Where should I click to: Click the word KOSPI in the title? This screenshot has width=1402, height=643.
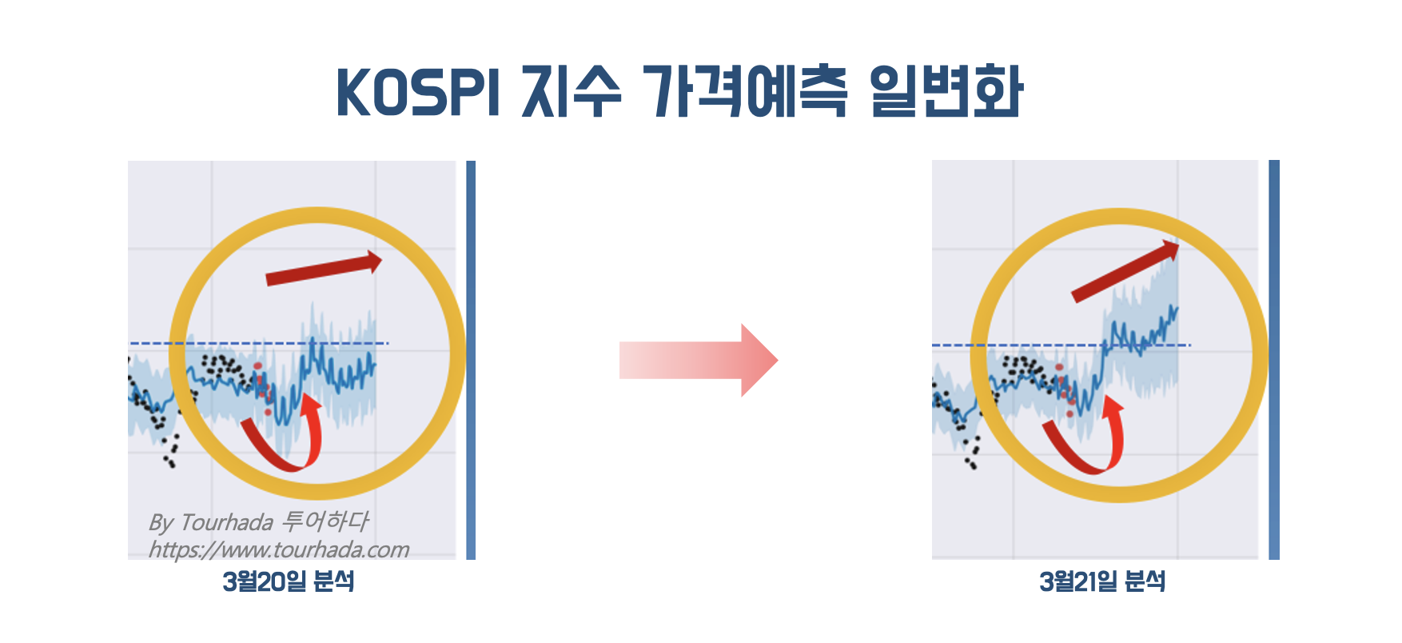tap(418, 92)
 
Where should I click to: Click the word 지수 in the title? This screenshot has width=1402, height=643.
tap(571, 92)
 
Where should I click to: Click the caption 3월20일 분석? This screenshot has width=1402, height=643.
tap(289, 581)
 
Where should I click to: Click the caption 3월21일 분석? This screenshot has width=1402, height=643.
tap(1102, 581)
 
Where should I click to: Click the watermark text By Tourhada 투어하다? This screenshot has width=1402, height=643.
tap(258, 522)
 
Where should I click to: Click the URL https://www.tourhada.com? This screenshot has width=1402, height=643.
tap(278, 549)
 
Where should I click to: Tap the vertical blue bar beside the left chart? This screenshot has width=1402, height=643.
tap(471, 360)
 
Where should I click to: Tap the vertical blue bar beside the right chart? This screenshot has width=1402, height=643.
tap(1274, 360)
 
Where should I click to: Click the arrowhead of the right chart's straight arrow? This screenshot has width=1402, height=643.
tap(1171, 249)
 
